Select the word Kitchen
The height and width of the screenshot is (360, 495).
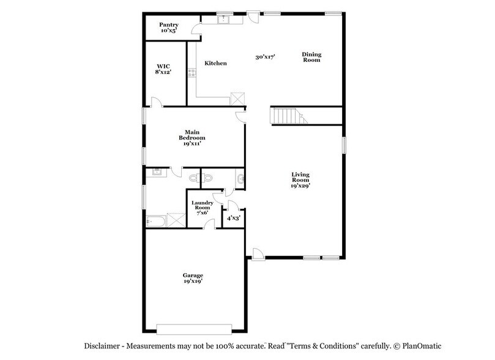point(215,63)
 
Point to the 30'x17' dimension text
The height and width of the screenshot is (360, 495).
point(265,56)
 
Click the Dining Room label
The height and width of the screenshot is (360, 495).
point(311,57)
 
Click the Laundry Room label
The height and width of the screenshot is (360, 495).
point(202,206)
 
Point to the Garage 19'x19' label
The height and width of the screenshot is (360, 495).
point(193,279)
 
